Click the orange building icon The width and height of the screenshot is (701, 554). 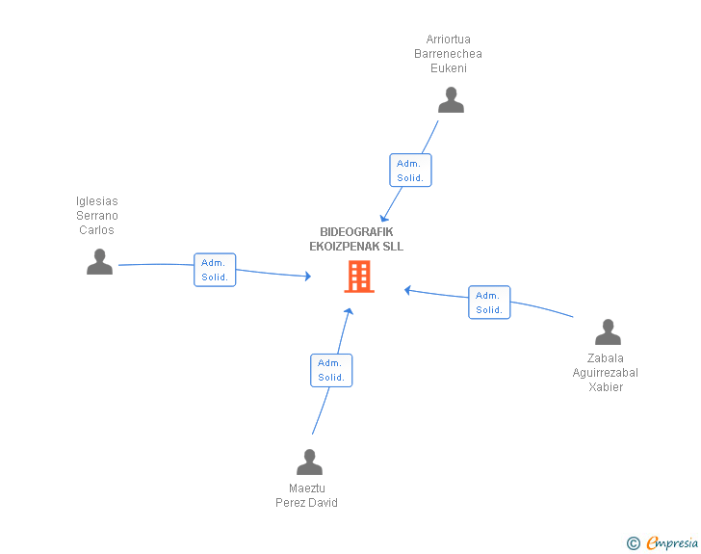pos(359,277)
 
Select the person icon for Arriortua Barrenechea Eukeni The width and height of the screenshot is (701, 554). pos(451,100)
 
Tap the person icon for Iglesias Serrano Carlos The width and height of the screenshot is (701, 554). pos(99,261)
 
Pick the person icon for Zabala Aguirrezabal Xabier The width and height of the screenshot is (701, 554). pos(608,331)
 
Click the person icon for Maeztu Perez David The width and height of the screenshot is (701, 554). pos(309,462)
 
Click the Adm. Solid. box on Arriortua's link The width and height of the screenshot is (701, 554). pos(410,170)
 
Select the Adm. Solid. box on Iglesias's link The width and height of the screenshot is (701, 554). pos(215,270)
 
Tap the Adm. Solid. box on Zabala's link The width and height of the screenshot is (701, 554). pos(489,303)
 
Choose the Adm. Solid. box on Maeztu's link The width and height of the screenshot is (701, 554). pos(331,370)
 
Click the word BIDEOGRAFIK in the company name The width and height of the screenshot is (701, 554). pos(356,232)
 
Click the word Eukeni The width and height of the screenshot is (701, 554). pos(449,68)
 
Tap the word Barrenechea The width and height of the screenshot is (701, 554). pos(448,54)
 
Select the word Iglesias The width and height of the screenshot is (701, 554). pos(96,201)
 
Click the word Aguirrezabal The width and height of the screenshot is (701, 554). pos(606,373)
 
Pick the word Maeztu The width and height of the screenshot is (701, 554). pos(306,488)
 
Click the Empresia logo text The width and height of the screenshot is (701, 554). pos(672,542)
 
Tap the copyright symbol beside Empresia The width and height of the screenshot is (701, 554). pos(633,543)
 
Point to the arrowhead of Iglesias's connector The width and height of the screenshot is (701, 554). pos(308,276)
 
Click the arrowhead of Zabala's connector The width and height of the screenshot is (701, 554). pos(407,290)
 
